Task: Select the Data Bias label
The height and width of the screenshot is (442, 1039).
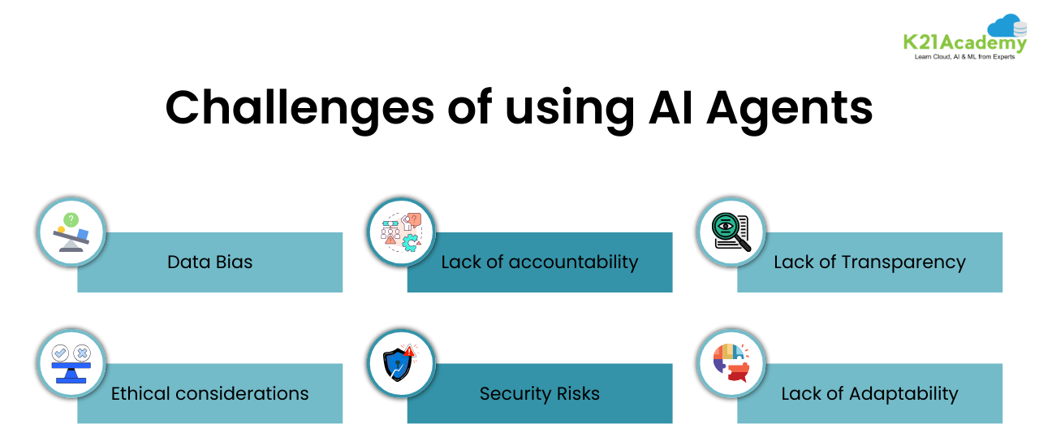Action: coord(209,262)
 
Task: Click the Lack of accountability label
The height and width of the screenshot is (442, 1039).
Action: coord(539,262)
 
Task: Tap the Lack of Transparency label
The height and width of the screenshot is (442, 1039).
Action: coord(869,262)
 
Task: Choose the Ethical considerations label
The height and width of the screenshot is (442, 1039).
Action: coord(209,394)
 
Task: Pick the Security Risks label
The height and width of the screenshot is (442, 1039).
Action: coord(539,394)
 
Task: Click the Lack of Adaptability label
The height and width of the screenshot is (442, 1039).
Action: coord(869,394)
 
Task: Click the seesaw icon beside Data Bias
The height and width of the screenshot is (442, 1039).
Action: coord(72,232)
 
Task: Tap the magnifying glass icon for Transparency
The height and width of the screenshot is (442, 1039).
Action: coord(731,232)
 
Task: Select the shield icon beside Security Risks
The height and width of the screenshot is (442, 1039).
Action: coord(401,363)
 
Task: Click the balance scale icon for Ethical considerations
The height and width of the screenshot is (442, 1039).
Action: coord(72,363)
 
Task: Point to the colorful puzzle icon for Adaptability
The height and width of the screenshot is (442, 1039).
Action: coord(731,363)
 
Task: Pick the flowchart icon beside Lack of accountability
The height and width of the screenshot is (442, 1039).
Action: coord(401,232)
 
